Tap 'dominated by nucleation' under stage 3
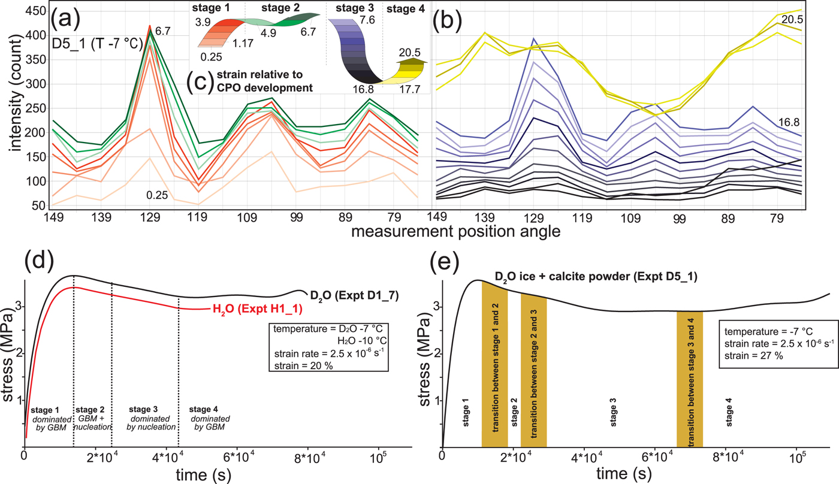pyautogui.click(x=152, y=422)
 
